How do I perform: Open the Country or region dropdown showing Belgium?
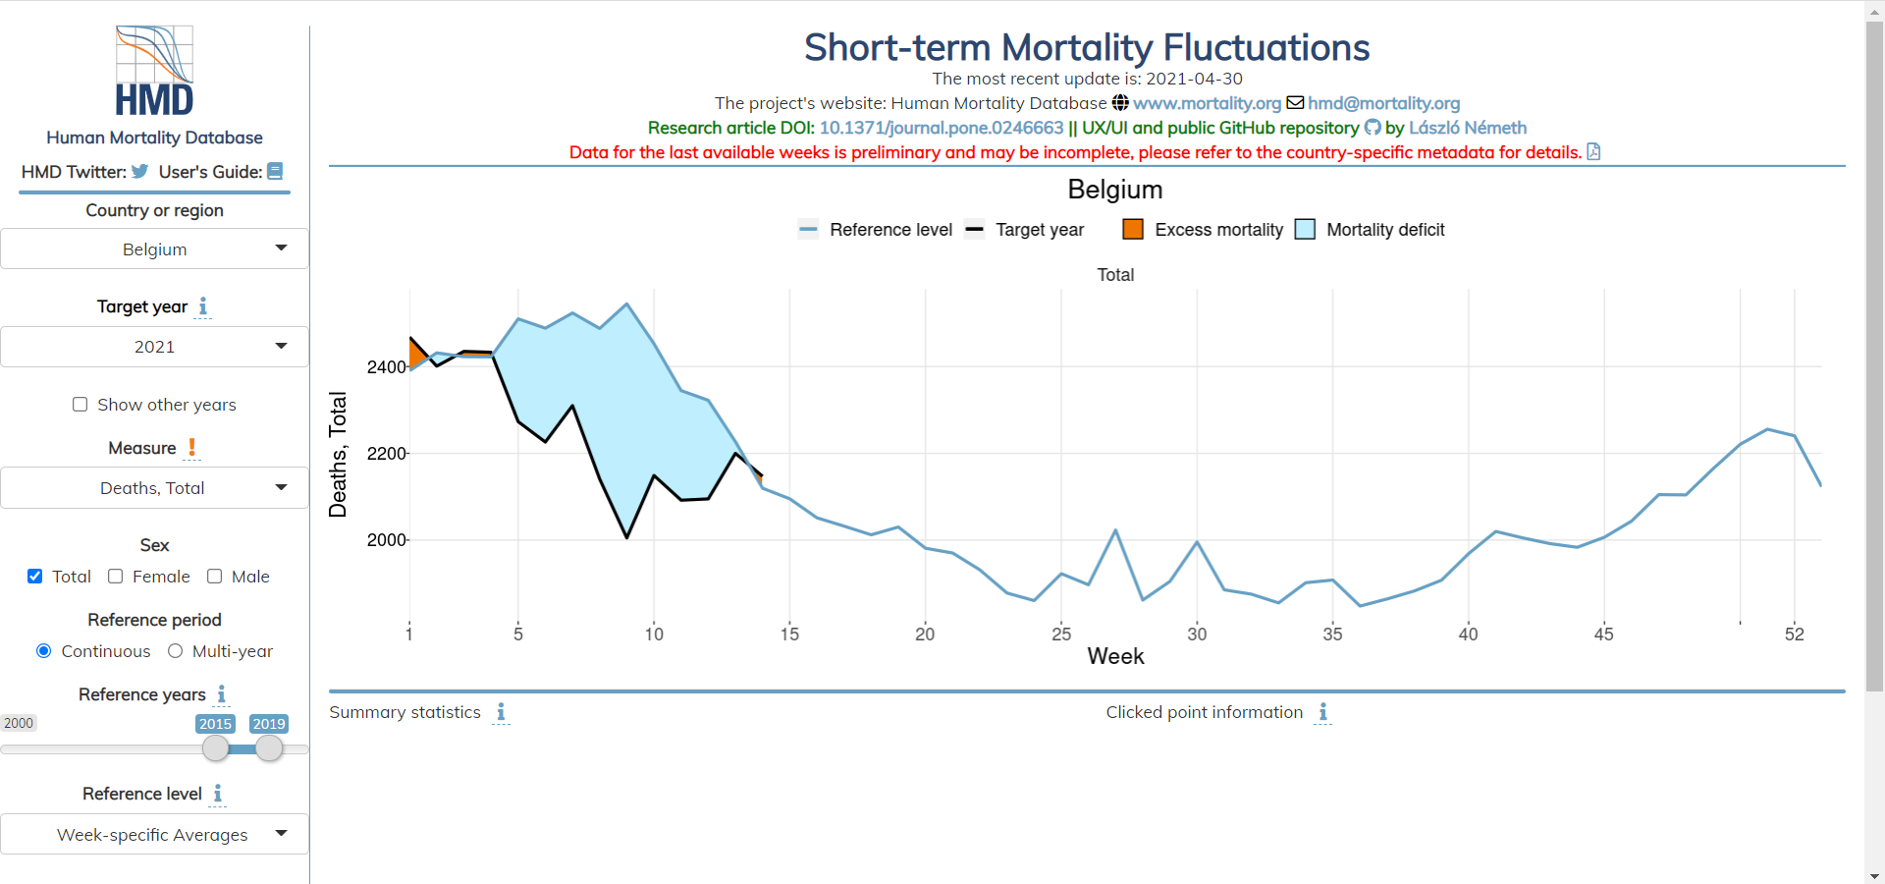tap(154, 249)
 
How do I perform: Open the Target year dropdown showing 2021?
tap(154, 347)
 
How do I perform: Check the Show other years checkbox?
tap(81, 405)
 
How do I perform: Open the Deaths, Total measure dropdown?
tap(154, 488)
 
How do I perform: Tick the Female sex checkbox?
tap(116, 577)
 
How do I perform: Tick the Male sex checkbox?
tap(215, 577)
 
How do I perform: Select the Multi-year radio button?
tap(176, 651)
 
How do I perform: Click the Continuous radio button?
tap(44, 651)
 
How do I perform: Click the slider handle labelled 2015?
tap(216, 748)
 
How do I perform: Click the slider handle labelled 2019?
tap(269, 748)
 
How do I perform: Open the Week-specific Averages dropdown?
tap(154, 835)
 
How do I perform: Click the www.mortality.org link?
tap(1207, 103)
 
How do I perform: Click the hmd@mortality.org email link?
tap(1383, 103)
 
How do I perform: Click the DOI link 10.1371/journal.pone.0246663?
tap(941, 128)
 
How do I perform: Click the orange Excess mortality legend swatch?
tap(1133, 230)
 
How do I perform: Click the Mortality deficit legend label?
tap(1385, 230)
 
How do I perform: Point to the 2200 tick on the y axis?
tap(386, 454)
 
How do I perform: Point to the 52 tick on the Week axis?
tap(1794, 634)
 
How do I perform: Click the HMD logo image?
tap(154, 71)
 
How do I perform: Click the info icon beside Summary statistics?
tap(501, 712)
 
